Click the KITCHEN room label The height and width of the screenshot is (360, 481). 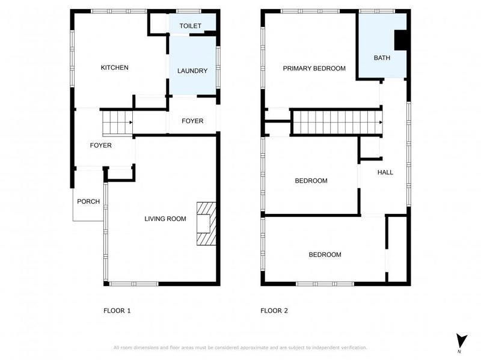(x=114, y=68)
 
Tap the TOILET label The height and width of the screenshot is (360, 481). (x=189, y=26)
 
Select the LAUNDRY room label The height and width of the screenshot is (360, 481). (x=192, y=71)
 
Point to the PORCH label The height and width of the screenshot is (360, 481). (x=88, y=201)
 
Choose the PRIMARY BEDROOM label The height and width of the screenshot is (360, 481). (x=314, y=69)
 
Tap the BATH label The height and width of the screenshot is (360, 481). (x=382, y=58)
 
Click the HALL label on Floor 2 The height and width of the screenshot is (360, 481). (x=385, y=172)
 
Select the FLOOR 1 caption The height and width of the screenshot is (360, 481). (x=117, y=311)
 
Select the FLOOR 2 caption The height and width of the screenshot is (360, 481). (x=274, y=311)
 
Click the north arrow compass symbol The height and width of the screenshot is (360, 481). (x=460, y=340)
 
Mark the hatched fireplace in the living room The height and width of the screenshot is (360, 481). (x=206, y=223)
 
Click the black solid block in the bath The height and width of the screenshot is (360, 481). (x=400, y=40)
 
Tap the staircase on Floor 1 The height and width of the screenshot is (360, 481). (x=116, y=123)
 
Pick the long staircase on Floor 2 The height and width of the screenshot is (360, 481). (x=337, y=123)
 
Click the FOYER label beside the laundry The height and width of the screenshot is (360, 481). (x=192, y=121)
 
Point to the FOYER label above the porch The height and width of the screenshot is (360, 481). (x=100, y=145)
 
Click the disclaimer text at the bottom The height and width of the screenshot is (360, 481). (x=240, y=347)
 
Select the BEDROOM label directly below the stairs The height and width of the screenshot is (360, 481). (x=311, y=181)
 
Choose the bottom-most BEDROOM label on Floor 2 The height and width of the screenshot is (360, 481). (x=325, y=255)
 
